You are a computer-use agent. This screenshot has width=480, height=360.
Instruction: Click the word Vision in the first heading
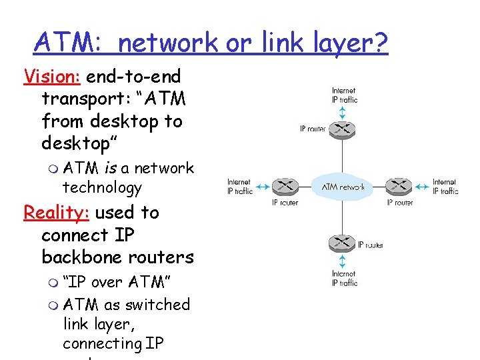tap(52, 77)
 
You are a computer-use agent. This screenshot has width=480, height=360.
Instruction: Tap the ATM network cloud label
tap(343, 187)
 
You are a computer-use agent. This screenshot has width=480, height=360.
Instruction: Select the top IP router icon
tap(343, 128)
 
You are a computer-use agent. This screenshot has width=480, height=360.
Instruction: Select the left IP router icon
tap(285, 186)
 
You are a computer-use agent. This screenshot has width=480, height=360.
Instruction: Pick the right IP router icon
tap(399, 186)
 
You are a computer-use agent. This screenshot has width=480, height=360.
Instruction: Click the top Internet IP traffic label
tap(344, 95)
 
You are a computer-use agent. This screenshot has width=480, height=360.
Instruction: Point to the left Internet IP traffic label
tap(239, 187)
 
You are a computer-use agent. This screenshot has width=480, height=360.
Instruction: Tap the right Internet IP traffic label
tap(445, 187)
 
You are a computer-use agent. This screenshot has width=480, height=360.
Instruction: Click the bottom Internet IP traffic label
tap(344, 278)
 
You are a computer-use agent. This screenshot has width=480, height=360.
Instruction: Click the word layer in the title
tap(323, 43)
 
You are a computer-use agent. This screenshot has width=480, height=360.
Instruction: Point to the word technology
tap(102, 188)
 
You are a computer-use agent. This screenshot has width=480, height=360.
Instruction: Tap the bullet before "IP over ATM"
tap(53, 283)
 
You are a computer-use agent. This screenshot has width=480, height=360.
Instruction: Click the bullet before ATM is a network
tap(53, 169)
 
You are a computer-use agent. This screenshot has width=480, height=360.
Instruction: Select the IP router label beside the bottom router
tap(370, 245)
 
